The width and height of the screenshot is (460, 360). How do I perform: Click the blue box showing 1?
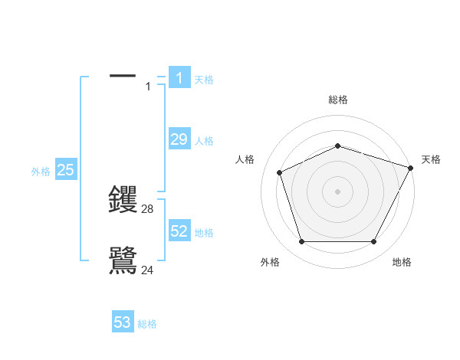coord(179,78)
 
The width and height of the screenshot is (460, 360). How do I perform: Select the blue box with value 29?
coord(179,139)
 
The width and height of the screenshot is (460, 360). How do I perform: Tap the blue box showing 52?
coord(179,231)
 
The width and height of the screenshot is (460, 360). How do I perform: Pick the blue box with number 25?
coord(65,171)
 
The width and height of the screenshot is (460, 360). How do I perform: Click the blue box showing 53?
coord(122,322)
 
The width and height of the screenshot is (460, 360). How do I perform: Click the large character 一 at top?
coord(123,76)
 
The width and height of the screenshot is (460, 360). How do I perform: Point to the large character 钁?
coord(123,200)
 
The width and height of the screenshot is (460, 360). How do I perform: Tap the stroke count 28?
coord(148,208)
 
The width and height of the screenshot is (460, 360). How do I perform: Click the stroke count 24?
coord(148,270)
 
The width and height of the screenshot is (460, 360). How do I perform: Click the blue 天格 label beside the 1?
coord(204,80)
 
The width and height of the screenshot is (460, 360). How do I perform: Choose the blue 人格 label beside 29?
coord(204,141)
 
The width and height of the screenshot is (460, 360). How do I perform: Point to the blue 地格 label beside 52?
coord(204,233)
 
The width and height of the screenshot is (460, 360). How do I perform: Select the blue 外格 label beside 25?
coord(41,172)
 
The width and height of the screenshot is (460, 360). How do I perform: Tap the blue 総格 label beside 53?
coord(147,324)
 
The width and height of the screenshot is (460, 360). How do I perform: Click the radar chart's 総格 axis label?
coord(338,100)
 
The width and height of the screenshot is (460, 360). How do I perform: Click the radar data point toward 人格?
coord(280,172)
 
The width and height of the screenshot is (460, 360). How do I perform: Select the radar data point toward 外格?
coord(301,242)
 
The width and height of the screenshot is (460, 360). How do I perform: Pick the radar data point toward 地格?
coord(374,242)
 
